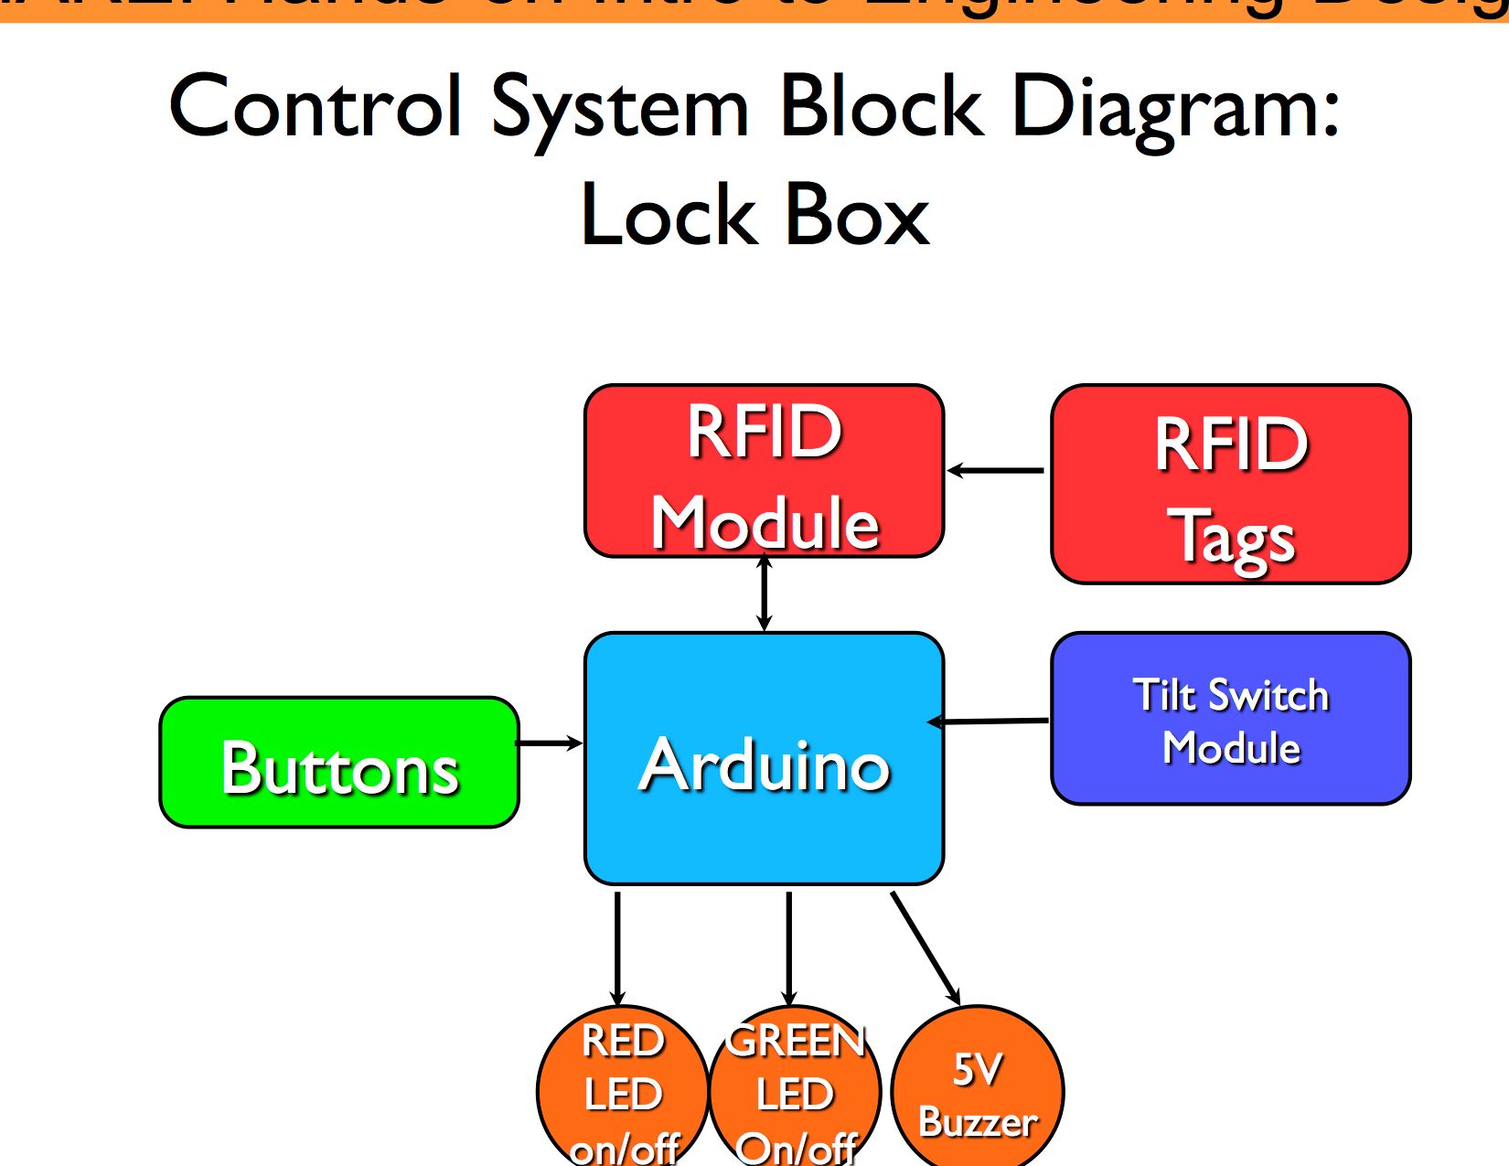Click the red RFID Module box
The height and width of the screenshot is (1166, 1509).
tap(764, 471)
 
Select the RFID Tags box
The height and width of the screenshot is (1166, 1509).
tap(1230, 485)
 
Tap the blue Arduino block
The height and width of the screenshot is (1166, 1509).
tap(764, 759)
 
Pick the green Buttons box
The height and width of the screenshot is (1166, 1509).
tap(339, 764)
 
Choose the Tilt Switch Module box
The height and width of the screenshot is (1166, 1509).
tap(1230, 719)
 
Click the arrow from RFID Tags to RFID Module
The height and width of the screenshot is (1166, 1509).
tap(997, 471)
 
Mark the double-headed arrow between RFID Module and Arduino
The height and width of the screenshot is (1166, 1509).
tap(765, 594)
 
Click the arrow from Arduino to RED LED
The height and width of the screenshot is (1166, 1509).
tap(618, 947)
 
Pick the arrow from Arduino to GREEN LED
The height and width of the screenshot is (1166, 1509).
tap(789, 947)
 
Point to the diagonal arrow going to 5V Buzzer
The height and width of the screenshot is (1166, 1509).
tap(925, 947)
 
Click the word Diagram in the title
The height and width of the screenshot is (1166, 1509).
tap(1175, 108)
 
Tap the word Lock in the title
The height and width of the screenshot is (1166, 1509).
tap(667, 216)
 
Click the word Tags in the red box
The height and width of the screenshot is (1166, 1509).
tap(1235, 538)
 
